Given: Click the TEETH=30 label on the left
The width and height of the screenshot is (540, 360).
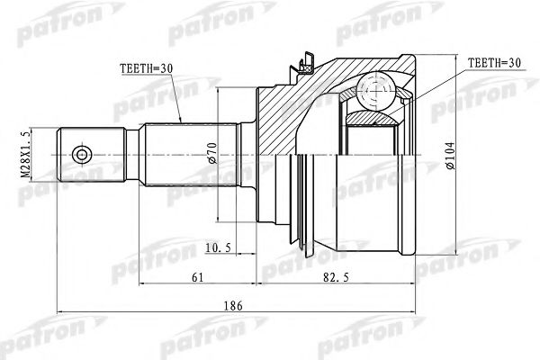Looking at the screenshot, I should (148, 67).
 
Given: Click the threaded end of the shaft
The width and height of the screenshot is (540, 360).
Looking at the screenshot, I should (90, 154).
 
